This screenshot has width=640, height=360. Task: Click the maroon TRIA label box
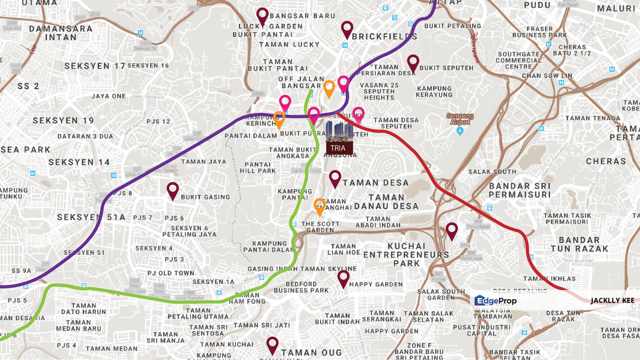coord(339,148)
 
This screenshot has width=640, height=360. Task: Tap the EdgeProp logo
coord(495,300)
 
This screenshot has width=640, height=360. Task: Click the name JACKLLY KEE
coord(612,300)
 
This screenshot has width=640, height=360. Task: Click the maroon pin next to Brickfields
coord(347,28)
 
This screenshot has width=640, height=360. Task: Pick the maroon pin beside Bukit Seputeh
coord(413,62)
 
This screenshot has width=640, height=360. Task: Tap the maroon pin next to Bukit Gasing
coord(173,190)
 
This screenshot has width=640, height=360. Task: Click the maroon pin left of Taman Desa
coord(335,177)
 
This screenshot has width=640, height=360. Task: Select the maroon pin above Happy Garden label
coord(343,277)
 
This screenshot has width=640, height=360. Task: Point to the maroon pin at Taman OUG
coord(272,344)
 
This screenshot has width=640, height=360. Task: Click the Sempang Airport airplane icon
coord(460,131)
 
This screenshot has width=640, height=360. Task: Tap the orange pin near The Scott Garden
coord(319,205)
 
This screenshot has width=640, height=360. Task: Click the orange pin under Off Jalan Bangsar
coord(329,88)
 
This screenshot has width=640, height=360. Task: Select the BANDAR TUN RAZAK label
coord(579,244)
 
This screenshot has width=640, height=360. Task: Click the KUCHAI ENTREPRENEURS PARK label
coord(406,254)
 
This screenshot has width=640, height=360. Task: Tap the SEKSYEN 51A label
coord(91,217)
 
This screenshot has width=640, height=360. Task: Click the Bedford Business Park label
coord(301,287)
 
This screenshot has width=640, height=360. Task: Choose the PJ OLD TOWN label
coord(171,273)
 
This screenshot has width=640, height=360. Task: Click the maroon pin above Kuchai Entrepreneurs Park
coord(452,230)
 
